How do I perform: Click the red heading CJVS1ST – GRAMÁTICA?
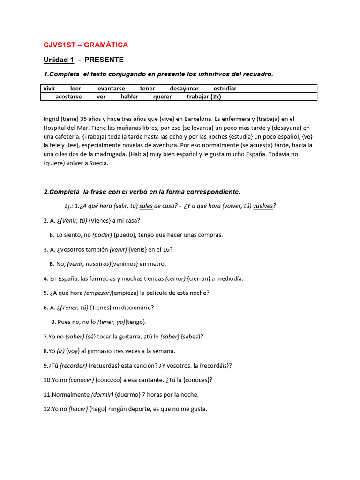pyautogui.click(x=85, y=45)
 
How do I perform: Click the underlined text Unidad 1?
pyautogui.click(x=59, y=60)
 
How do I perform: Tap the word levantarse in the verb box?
pyautogui.click(x=110, y=89)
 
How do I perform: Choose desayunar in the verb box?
pyautogui.click(x=184, y=89)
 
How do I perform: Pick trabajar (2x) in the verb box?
pyautogui.click(x=204, y=97)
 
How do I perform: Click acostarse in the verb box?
pyautogui.click(x=68, y=97)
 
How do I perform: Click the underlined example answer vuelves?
pyautogui.click(x=263, y=206)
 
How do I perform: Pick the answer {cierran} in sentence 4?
pyautogui.click(x=199, y=278)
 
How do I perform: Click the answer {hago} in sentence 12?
pyautogui.click(x=98, y=409)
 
